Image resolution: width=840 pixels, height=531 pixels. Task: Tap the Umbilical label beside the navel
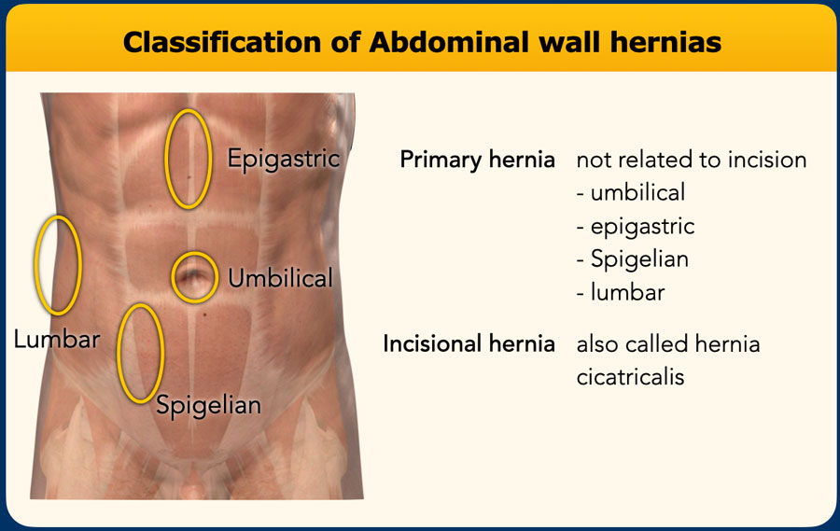click(280, 277)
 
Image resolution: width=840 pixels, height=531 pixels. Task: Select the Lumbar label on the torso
click(56, 339)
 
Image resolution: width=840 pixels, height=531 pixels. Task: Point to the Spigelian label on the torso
click(208, 405)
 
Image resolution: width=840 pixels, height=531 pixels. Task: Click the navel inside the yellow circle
click(195, 276)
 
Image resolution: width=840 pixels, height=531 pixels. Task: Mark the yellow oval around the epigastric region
click(188, 158)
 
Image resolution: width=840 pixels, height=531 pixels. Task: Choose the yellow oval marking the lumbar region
click(58, 264)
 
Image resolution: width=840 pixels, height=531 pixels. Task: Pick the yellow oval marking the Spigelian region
click(141, 353)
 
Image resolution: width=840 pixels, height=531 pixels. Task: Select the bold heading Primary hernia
click(477, 160)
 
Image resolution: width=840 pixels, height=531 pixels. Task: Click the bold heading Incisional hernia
click(469, 343)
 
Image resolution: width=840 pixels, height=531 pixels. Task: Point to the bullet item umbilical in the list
click(631, 192)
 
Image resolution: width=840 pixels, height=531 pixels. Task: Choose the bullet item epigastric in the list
click(636, 226)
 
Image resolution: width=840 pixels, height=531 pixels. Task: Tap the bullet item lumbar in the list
click(621, 291)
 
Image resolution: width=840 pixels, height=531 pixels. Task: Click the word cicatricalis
click(630, 376)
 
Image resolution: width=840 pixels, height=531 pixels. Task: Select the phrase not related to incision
click(691, 160)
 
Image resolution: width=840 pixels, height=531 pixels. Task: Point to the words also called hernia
click(668, 343)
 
